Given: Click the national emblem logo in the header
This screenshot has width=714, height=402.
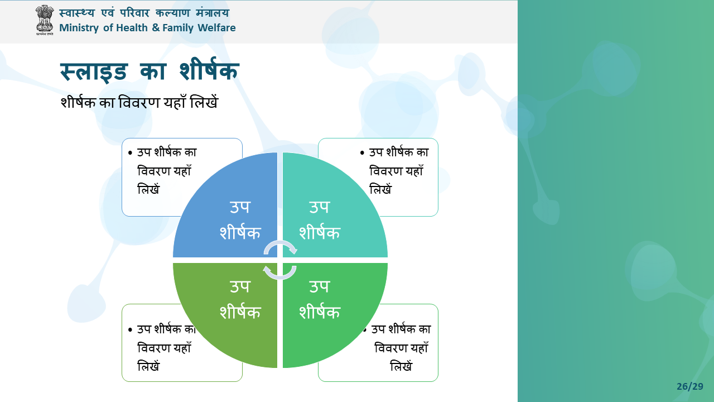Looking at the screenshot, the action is tap(44, 20).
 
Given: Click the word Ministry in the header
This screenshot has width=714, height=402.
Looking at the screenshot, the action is tap(79, 28).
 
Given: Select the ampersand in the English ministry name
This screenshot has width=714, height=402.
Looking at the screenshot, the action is tap(156, 28).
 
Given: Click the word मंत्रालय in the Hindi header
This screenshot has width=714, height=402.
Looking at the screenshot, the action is tap(213, 13).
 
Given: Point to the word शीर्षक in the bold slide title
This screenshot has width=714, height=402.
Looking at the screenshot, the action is tap(209, 70).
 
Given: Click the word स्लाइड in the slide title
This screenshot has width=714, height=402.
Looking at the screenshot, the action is tap(94, 71).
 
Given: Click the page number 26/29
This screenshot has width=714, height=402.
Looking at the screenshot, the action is tap(690, 386).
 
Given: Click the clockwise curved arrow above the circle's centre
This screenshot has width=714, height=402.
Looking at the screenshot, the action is tap(280, 242).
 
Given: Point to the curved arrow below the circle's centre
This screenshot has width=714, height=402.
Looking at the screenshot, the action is tap(280, 277).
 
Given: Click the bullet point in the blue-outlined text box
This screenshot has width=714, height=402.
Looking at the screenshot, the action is tap(130, 153).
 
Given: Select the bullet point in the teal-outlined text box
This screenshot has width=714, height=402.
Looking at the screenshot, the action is tap(362, 153).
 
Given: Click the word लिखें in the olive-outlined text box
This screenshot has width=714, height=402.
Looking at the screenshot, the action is tap(148, 366).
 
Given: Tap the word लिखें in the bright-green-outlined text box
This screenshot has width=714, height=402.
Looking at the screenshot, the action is tap(401, 366).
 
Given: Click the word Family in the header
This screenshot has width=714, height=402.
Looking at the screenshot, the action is tap(178, 28).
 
